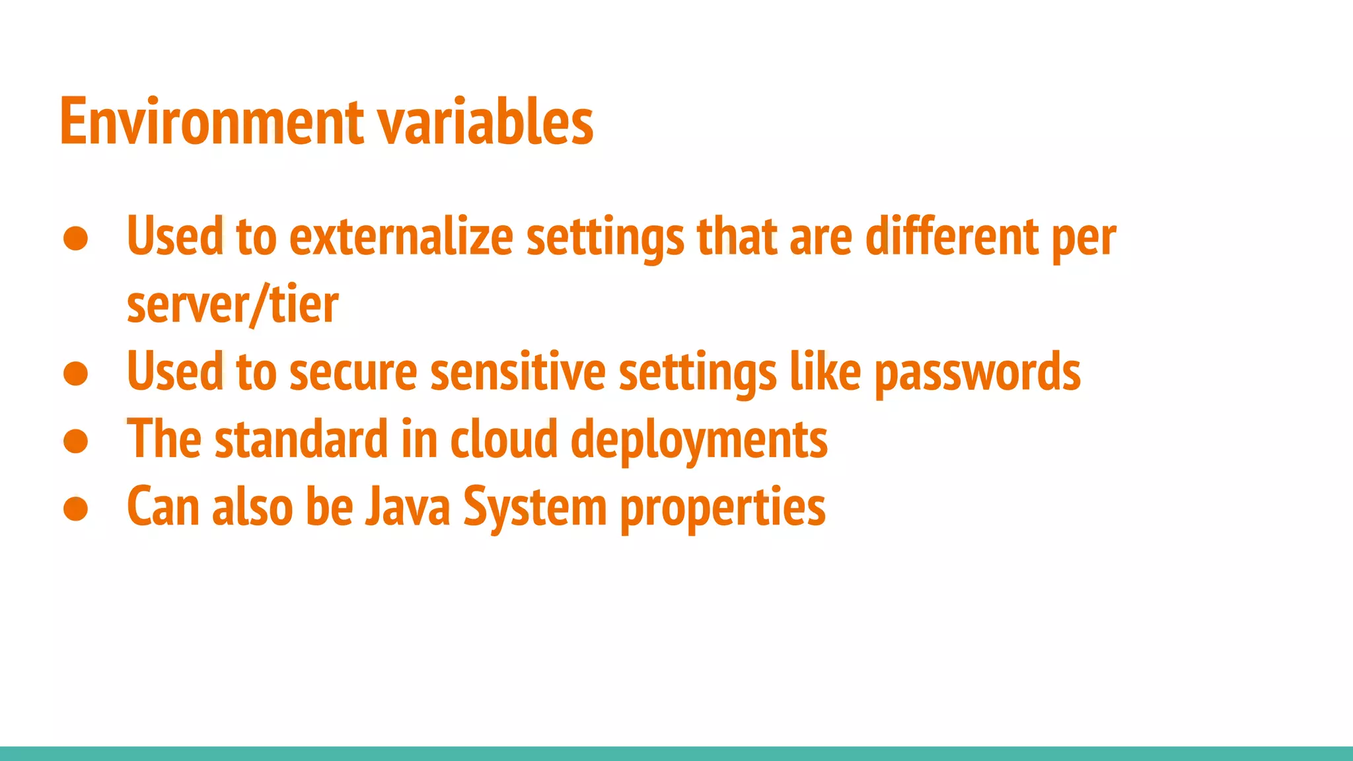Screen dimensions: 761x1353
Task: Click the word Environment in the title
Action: (x=211, y=122)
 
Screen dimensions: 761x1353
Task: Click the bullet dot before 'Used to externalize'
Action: (x=76, y=238)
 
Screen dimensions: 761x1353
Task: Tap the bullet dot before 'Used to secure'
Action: (x=76, y=373)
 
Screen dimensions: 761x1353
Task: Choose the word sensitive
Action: (x=517, y=372)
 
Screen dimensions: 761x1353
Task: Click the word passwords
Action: (x=977, y=373)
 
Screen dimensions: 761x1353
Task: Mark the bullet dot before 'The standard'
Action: (x=76, y=441)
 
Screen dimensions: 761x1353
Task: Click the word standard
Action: (x=301, y=440)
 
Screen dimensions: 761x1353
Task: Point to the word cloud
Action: (x=504, y=440)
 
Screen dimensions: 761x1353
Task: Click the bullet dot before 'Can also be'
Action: (x=76, y=509)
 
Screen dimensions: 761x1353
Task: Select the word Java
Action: (x=408, y=507)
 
